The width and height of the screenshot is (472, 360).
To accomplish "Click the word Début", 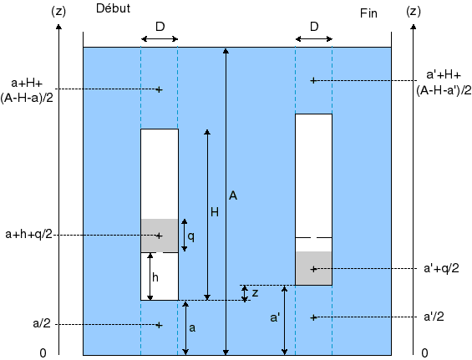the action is coord(113,8).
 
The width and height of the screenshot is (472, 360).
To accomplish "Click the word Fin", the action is coord(368,13).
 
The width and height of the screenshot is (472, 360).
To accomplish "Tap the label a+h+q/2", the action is coord(29,235).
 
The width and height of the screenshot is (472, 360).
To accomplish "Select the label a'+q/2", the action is coord(441,268).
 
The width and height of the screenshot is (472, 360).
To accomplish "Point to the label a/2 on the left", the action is coord(42,323).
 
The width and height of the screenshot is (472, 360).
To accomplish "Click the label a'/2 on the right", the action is coord(434,317).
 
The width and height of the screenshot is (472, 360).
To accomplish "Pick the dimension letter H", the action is coord(215,212).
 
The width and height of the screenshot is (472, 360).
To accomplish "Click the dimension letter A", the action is coord(233,195).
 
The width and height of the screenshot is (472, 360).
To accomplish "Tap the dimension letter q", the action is coord(190,236).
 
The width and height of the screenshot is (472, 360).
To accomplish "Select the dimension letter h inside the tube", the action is coord(155,277).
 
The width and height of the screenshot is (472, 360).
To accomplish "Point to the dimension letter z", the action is coord(255,293).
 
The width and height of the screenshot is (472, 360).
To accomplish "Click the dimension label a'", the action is coord(275,317).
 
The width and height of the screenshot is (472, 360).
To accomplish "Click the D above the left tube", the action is coord(160,27).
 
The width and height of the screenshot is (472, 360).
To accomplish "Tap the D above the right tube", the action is coord(314,27).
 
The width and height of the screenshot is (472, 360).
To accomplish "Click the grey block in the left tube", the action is coord(160,236).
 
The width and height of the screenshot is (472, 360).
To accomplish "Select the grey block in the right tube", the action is coord(313,268).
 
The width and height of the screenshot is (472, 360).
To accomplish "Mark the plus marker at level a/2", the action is coord(160,325).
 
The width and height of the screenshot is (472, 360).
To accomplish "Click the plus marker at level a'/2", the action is coord(313,317).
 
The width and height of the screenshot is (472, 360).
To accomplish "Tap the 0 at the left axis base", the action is coord(43,352).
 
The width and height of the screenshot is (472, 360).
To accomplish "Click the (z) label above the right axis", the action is coord(414,12).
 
